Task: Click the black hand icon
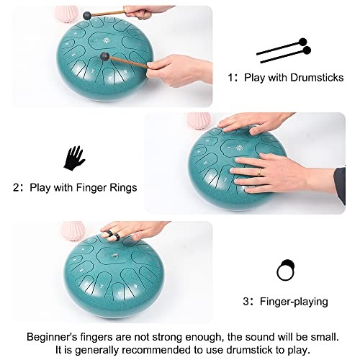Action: [x=74, y=158]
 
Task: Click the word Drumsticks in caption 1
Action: [x=317, y=78]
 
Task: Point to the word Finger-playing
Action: [x=294, y=302]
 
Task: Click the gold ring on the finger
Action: [x=260, y=172]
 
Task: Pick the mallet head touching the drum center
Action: [x=105, y=56]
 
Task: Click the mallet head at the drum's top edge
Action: [x=87, y=16]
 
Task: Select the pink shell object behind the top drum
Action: [x=66, y=14]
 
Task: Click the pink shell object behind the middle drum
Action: [x=199, y=120]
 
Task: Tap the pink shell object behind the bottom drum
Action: [x=73, y=231]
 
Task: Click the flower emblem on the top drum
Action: [x=106, y=40]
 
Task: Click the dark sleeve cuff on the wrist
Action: [x=340, y=186]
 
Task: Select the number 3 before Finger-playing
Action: [x=246, y=302]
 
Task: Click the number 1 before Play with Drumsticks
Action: [x=230, y=78]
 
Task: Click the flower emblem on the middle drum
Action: [x=239, y=148]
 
